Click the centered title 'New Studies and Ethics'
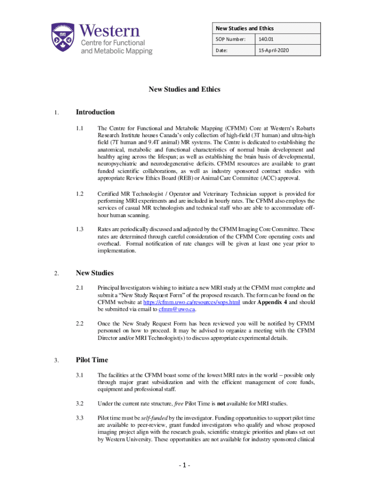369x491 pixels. click(x=184, y=89)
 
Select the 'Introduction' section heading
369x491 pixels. click(x=95, y=112)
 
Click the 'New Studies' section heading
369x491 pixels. click(x=94, y=273)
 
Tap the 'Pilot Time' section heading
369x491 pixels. click(x=92, y=360)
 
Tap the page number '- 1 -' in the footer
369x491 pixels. click(x=184, y=466)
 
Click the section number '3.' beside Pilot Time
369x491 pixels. click(x=56, y=361)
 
